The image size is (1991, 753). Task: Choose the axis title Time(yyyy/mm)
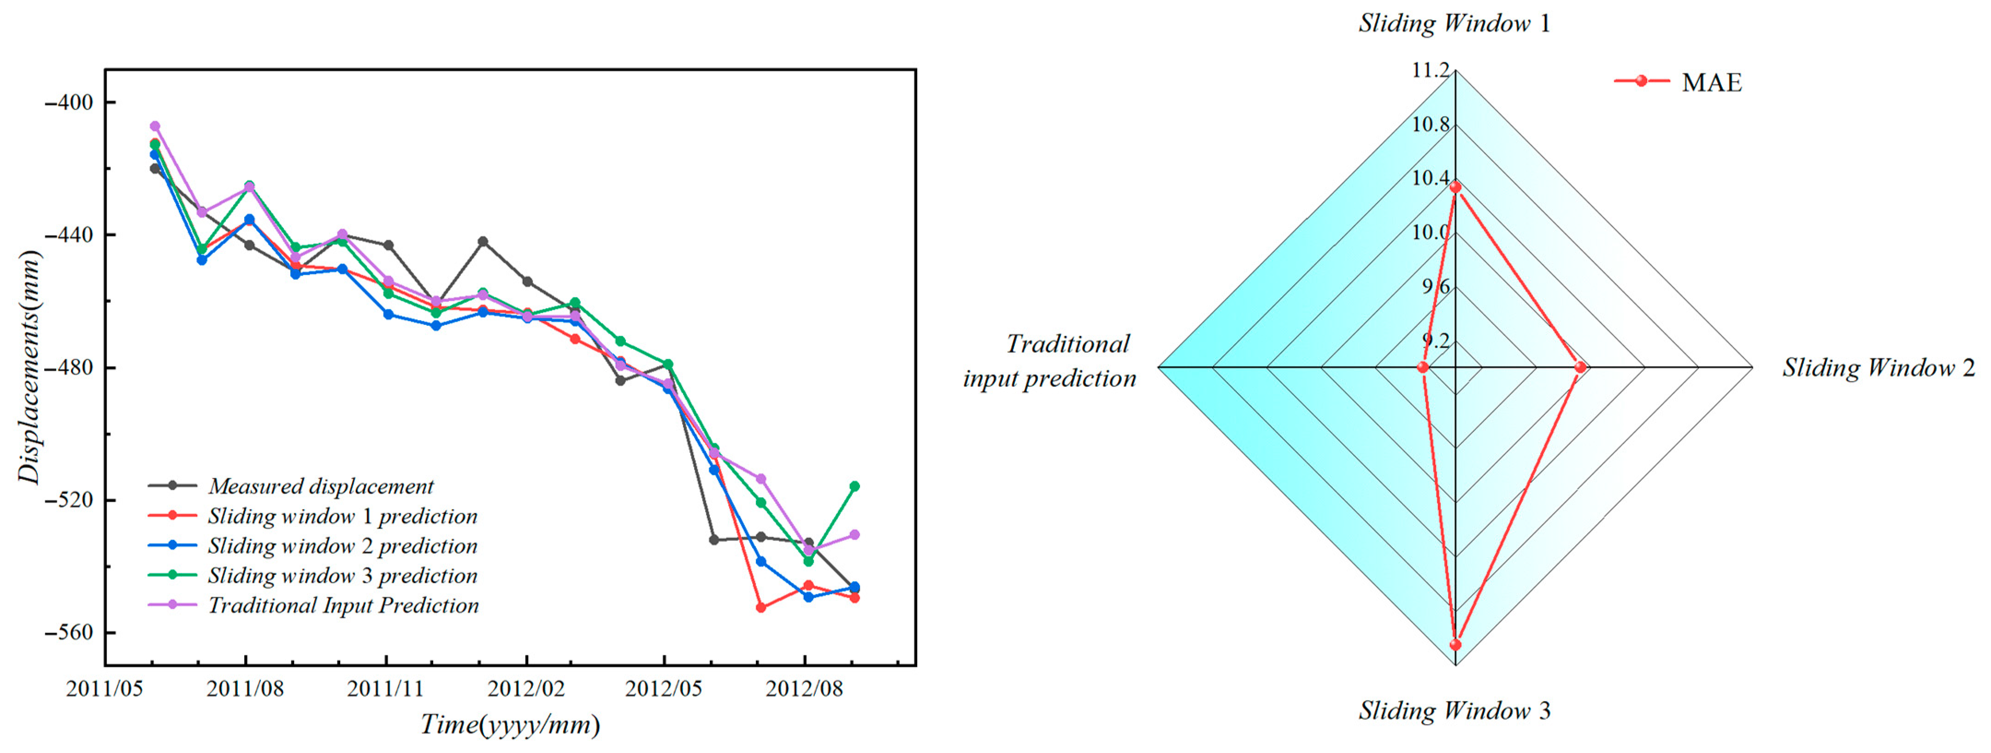[x=510, y=724]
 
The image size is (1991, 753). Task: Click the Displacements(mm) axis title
[x=29, y=367]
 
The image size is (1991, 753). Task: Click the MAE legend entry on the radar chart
[x=1710, y=82]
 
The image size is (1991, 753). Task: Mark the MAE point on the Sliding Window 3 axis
[x=1455, y=644]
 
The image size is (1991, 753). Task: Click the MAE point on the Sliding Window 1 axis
[x=1455, y=187]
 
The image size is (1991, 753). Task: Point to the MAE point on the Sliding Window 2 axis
[x=1581, y=367]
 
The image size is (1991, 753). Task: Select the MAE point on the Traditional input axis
[x=1423, y=367]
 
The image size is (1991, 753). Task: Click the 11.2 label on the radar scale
[x=1431, y=71]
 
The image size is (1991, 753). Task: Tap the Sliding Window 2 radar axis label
[x=1878, y=367]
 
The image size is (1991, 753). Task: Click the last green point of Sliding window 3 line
[x=854, y=486]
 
